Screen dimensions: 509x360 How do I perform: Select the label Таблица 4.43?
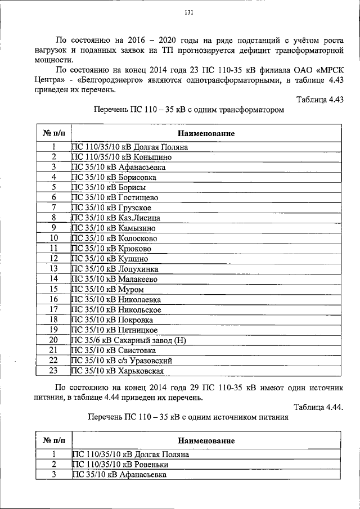[319, 100]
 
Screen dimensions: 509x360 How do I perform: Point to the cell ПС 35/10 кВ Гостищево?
[115, 197]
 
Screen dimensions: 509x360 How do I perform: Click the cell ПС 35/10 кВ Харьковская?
[118, 371]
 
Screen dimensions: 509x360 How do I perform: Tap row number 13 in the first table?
[54, 269]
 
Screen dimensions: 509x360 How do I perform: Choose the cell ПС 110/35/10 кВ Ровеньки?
[120, 465]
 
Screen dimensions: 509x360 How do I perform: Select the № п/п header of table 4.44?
[54, 440]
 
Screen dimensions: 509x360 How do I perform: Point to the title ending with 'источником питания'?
[188, 418]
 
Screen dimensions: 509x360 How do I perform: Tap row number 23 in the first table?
[54, 371]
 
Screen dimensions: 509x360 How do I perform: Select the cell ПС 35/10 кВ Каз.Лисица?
[116, 218]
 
